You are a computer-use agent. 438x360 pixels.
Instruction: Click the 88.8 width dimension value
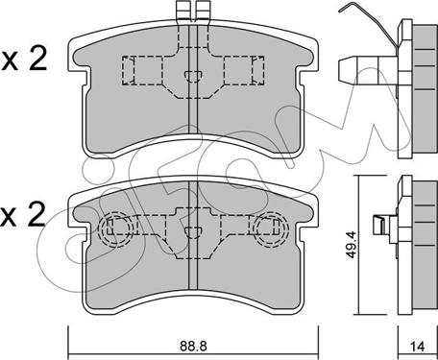193,346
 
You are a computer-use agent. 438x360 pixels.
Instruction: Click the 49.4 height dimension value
352,246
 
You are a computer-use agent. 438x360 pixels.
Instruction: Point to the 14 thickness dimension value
418,347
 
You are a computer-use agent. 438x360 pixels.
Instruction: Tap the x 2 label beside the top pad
24,59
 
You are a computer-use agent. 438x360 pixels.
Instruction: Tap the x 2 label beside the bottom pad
23,215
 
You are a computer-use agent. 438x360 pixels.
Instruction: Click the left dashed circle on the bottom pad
115,229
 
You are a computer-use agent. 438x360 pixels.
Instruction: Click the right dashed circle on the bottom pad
271,228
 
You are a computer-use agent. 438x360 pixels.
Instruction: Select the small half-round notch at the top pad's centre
193,77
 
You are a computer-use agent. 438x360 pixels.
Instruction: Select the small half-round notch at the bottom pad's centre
193,232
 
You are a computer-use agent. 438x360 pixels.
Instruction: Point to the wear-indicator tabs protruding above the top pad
193,11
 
